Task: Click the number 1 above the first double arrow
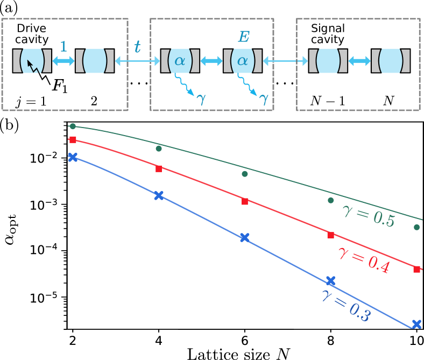tap(63, 46)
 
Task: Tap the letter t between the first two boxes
tap(137, 47)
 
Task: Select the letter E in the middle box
tap(244, 37)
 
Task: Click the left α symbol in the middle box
tap(180, 60)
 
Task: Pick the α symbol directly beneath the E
tap(243, 60)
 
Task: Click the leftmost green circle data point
tap(73, 126)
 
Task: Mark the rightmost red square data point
tap(416, 269)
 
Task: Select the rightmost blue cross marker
tap(416, 324)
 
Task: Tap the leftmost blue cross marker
tap(73, 157)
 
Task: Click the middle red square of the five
tap(245, 202)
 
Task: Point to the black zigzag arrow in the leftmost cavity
tap(32, 67)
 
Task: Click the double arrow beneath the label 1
tap(63, 61)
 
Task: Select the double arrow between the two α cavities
tap(211, 61)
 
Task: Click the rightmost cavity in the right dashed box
tap(394, 61)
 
